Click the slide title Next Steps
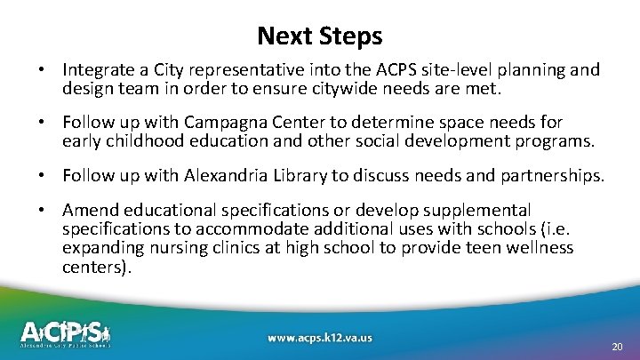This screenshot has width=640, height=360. click(x=320, y=36)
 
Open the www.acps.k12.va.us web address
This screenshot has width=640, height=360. click(x=320, y=338)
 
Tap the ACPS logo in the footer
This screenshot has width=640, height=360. click(x=67, y=333)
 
